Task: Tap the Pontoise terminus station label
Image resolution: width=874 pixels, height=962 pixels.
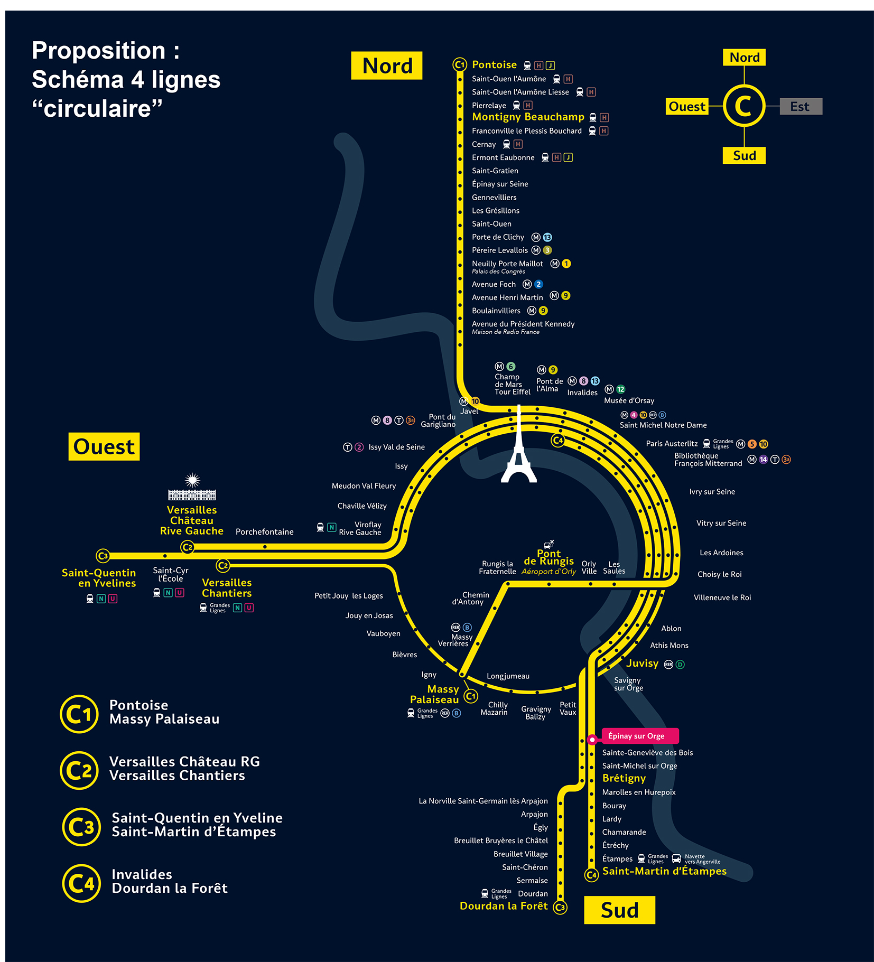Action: click(x=494, y=65)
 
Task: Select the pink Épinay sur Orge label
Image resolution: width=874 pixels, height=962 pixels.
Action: click(x=639, y=736)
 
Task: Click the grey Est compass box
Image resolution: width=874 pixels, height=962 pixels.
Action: click(x=801, y=106)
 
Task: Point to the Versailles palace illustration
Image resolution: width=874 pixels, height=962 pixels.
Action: click(x=192, y=489)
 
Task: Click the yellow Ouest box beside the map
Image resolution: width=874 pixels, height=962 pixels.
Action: click(x=104, y=447)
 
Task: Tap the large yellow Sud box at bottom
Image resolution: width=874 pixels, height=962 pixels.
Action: click(x=619, y=910)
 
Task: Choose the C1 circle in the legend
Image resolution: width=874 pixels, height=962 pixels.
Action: click(x=79, y=714)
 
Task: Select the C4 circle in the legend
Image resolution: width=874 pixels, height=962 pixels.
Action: click(x=81, y=883)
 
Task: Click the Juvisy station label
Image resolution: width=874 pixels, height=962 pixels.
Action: click(x=642, y=664)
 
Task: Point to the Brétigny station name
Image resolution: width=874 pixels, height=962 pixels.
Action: click(x=624, y=778)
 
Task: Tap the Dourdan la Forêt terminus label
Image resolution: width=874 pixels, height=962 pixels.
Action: click(x=504, y=906)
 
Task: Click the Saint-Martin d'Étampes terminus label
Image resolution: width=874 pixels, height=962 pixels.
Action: click(x=664, y=871)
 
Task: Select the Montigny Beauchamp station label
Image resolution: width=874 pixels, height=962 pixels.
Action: click(x=528, y=117)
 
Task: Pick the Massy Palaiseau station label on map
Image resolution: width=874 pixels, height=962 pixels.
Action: click(x=435, y=694)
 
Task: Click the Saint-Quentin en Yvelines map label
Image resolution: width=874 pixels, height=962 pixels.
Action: click(x=99, y=578)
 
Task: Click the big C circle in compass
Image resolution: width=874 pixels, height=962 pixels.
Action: click(x=743, y=106)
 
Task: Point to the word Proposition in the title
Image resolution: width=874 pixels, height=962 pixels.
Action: click(x=99, y=51)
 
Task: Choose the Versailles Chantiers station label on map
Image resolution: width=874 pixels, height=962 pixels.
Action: click(x=227, y=587)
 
